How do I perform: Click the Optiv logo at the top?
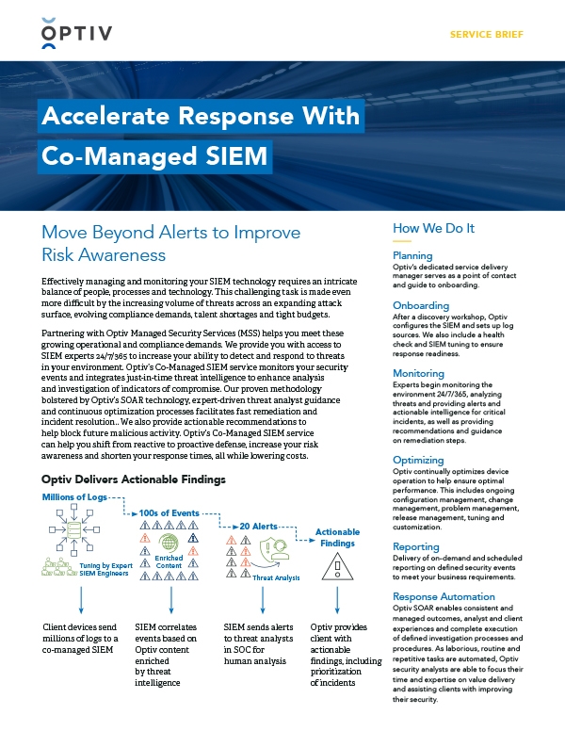coord(77,35)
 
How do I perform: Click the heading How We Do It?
coord(433,228)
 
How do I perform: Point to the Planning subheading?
coord(412,255)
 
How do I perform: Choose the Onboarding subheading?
coord(419,305)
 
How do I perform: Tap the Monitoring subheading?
coord(418,373)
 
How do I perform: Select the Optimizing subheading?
coord(419,460)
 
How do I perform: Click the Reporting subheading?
coord(415,546)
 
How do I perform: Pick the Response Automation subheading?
coord(444,596)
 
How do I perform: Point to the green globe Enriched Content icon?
coord(170,544)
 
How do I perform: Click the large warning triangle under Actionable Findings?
coord(337,567)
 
